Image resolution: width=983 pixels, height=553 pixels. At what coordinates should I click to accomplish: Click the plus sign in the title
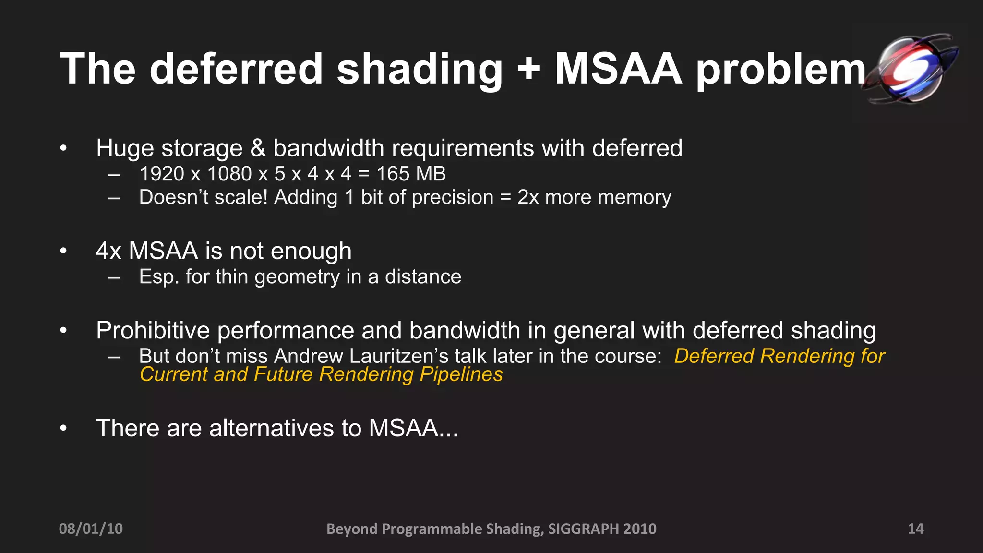coord(528,70)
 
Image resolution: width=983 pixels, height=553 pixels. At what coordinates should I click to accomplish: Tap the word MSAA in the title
coord(618,70)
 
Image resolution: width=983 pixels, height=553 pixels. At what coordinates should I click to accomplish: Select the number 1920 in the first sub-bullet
coord(162,174)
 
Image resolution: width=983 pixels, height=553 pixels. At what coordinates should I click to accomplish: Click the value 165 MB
coord(411,174)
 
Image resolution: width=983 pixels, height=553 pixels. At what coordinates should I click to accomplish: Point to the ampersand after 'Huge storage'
coord(258,148)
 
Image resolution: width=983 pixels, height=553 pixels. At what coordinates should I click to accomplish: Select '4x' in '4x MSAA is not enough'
coord(108,251)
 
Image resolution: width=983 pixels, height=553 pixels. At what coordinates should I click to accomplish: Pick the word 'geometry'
coord(297,277)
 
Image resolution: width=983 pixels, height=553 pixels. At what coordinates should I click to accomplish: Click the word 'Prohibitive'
coord(153,331)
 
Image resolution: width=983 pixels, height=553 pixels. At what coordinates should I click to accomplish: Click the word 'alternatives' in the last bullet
coord(271,428)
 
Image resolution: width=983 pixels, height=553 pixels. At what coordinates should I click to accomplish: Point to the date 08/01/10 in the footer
coord(91,529)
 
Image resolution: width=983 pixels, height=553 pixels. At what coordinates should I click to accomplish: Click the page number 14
coord(915,529)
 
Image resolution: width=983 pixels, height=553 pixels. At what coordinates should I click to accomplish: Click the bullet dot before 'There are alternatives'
coord(63,428)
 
